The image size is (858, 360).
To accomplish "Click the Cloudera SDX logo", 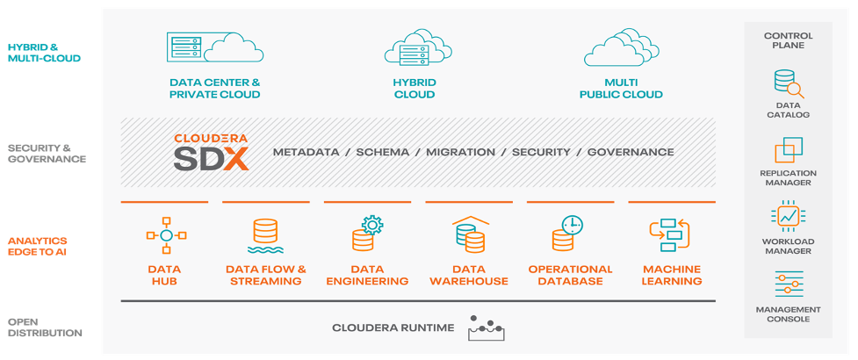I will [x=210, y=152].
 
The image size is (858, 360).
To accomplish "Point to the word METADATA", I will [x=306, y=152].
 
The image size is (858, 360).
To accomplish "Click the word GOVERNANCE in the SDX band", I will [x=631, y=152].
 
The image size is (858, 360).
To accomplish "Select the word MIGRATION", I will [x=460, y=152].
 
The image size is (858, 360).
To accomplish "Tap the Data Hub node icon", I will [x=164, y=235].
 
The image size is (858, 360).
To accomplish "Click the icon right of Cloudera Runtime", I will [x=487, y=328].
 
